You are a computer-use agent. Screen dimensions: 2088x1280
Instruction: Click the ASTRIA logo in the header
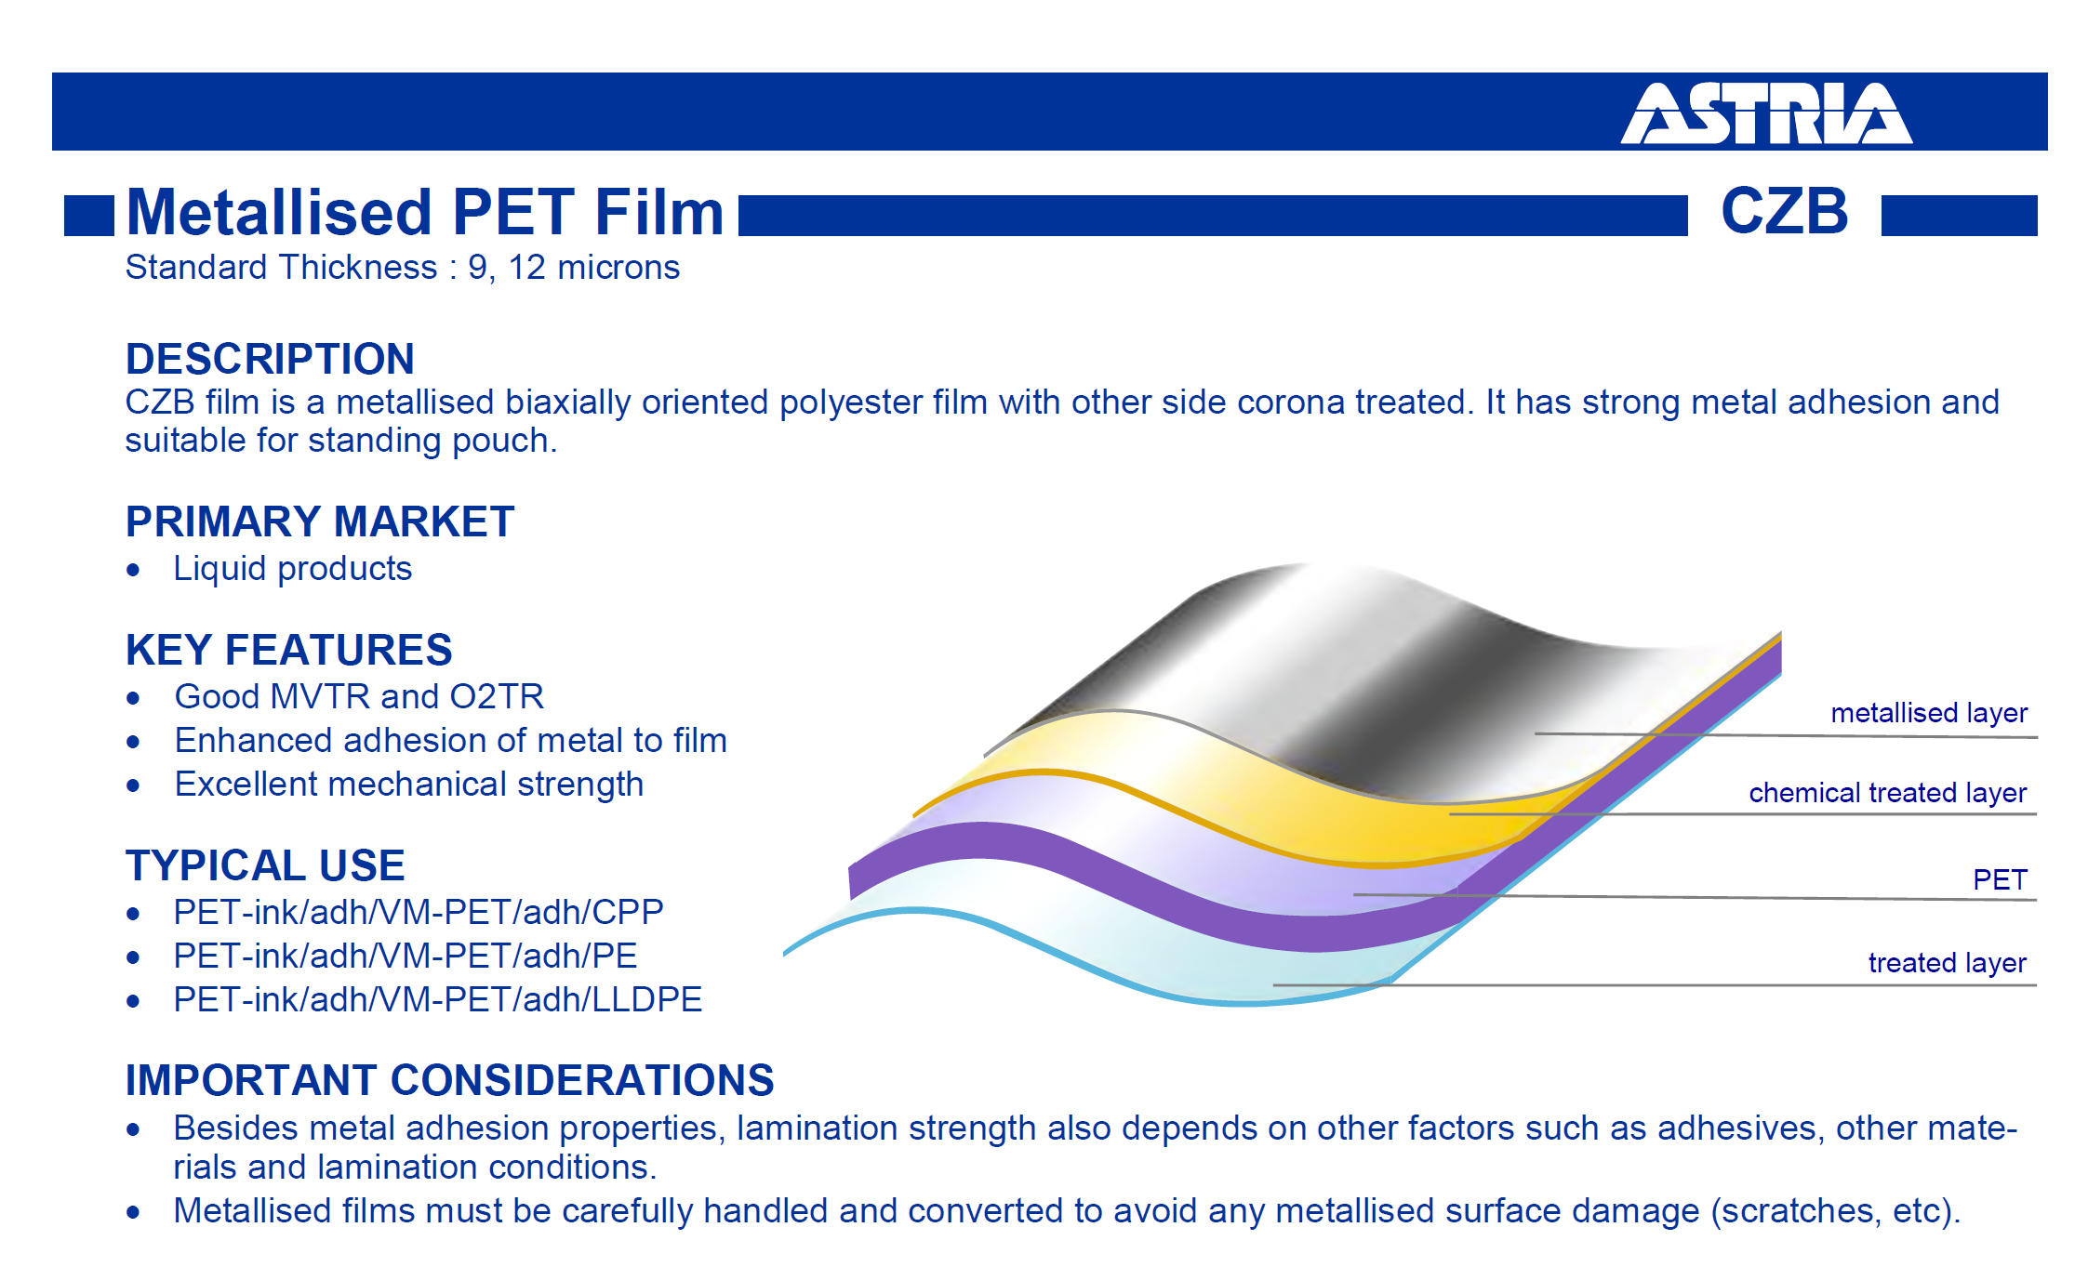click(1766, 113)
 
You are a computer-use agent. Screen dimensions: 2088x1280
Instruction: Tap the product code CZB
click(1785, 211)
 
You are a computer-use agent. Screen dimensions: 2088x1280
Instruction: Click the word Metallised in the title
click(279, 212)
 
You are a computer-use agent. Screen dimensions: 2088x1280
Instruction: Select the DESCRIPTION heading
click(270, 359)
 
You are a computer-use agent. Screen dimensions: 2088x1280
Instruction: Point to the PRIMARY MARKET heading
click(320, 521)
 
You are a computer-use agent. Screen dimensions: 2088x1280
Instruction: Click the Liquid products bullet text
click(293, 568)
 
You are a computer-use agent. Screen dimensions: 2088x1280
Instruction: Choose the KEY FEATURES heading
click(289, 650)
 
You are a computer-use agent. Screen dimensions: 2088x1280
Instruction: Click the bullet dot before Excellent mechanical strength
click(134, 786)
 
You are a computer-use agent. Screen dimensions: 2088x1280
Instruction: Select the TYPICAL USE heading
click(265, 865)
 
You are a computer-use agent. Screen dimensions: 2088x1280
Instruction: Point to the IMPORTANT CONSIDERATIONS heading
click(450, 1080)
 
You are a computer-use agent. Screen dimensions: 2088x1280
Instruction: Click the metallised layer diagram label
click(1929, 713)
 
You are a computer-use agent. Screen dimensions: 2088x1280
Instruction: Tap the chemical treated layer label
click(1887, 793)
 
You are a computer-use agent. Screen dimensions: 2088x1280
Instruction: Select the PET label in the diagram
click(2000, 879)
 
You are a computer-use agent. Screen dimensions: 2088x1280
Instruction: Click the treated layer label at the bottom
click(1948, 963)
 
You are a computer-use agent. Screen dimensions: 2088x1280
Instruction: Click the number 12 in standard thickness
click(526, 268)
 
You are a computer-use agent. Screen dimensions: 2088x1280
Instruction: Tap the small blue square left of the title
click(89, 216)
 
